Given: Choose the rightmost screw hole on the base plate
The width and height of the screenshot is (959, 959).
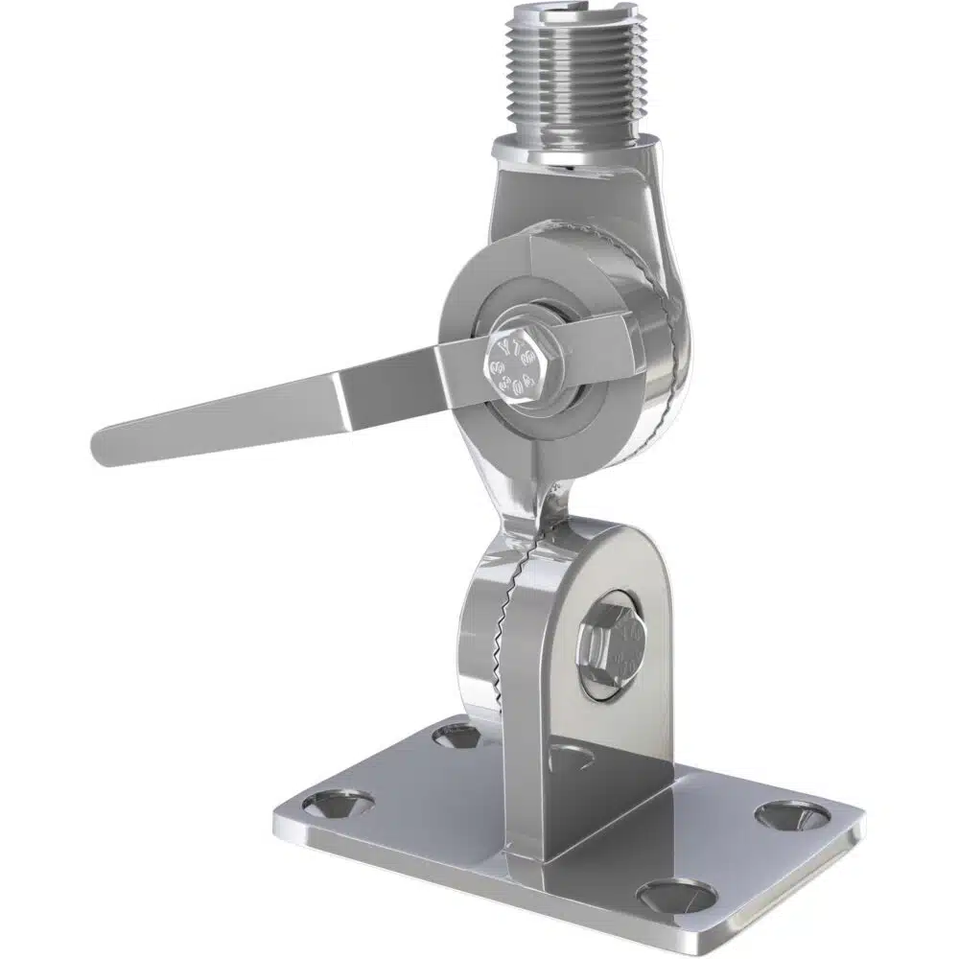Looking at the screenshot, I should coord(792,815).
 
